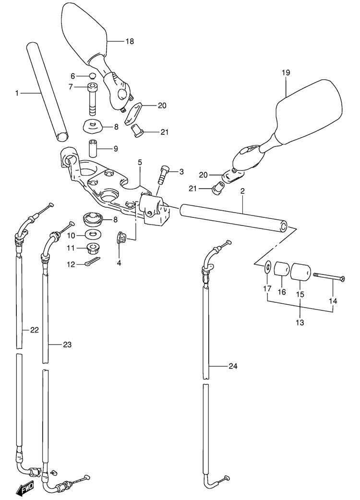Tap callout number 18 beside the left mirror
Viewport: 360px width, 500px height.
click(129, 42)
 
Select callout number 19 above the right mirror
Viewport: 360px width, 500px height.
click(286, 73)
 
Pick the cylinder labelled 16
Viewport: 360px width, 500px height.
click(281, 271)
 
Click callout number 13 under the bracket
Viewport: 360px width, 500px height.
click(300, 322)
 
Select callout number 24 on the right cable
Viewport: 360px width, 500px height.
click(232, 367)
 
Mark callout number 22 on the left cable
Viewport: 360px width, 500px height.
click(34, 330)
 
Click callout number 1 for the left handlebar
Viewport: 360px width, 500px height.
click(17, 93)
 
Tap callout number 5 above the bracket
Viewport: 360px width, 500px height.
click(140, 163)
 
